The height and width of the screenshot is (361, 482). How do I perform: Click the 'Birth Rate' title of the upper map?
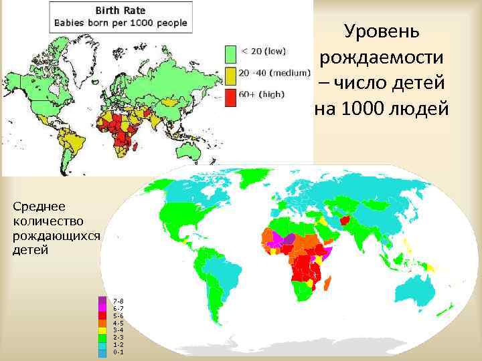(120, 11)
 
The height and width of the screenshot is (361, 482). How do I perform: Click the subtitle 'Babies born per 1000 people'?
(120, 22)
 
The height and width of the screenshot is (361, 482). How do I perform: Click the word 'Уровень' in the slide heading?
(382, 31)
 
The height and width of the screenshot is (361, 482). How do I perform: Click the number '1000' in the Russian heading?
(363, 108)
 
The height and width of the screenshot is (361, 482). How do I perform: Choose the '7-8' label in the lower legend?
(118, 301)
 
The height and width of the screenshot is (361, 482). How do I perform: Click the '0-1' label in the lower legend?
(118, 352)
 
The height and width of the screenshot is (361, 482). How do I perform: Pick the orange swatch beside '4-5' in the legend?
(102, 323)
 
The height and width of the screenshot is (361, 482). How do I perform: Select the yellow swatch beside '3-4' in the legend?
(102, 330)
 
